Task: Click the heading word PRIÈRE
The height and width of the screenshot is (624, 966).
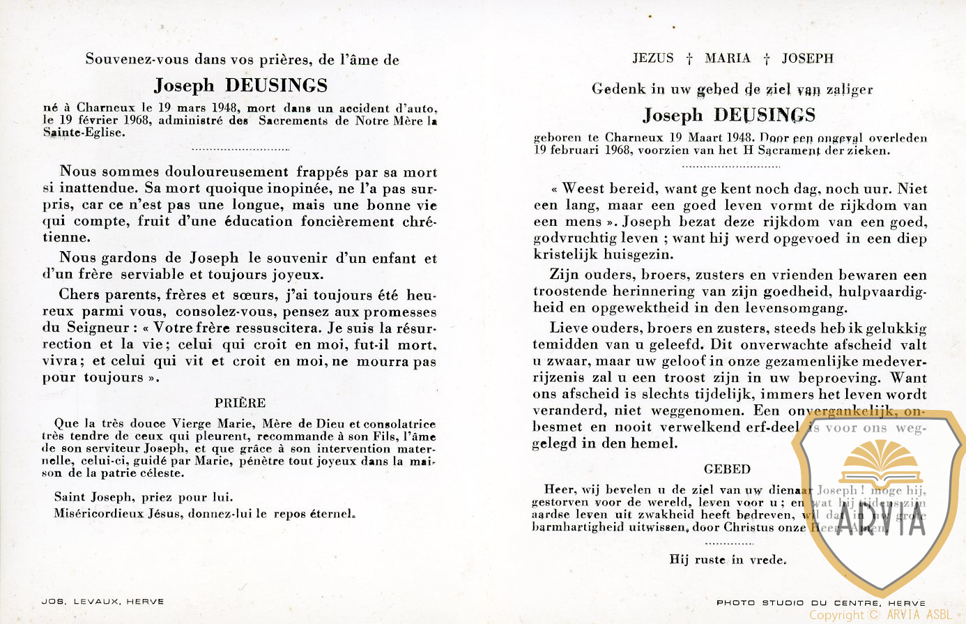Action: (x=240, y=403)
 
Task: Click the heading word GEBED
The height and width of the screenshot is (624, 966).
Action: (x=727, y=469)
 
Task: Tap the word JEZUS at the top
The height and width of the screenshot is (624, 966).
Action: (x=653, y=59)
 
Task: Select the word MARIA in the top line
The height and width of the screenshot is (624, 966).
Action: (x=727, y=59)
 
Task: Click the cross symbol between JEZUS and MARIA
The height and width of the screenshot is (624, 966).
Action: (x=689, y=59)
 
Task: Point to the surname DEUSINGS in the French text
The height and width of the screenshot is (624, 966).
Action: (x=276, y=86)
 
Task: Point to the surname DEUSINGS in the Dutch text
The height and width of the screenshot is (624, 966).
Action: (x=764, y=115)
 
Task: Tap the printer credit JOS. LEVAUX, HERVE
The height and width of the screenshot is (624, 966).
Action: (x=102, y=602)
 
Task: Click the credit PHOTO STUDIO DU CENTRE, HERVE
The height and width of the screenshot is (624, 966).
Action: (x=820, y=602)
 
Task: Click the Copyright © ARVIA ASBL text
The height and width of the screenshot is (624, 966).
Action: (x=880, y=615)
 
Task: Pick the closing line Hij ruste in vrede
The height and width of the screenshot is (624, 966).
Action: (x=727, y=559)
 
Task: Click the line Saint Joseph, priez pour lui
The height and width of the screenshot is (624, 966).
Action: (x=143, y=497)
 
